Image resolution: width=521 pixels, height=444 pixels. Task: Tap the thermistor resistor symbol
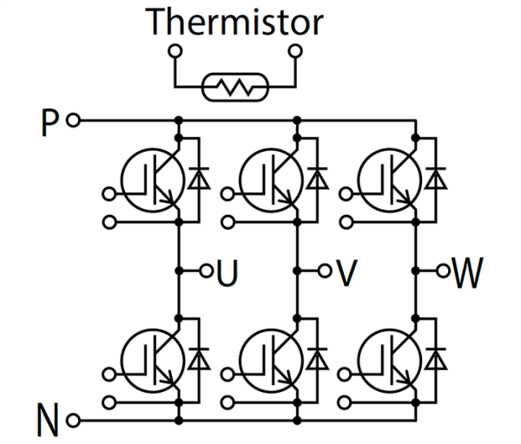[x=234, y=87]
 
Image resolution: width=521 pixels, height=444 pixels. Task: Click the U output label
[x=226, y=271]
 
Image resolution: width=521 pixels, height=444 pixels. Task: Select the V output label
[x=346, y=271]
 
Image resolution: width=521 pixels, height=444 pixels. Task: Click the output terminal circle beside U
[x=206, y=271]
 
